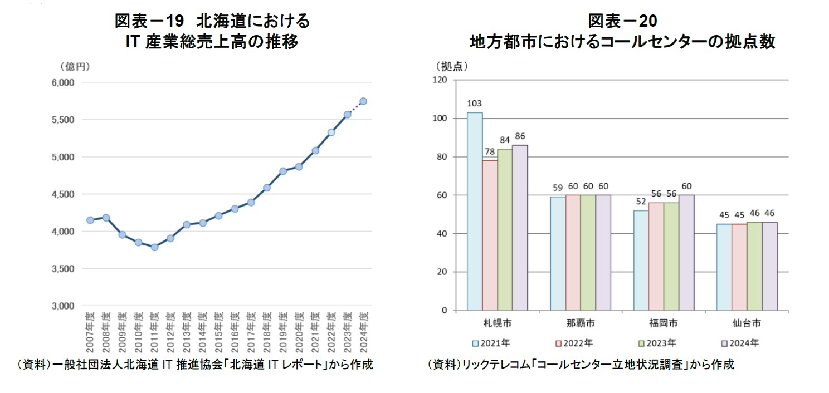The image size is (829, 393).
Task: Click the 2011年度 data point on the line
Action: click(154, 247)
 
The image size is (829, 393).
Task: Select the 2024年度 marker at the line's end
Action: click(363, 101)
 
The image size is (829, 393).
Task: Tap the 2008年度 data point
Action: click(106, 218)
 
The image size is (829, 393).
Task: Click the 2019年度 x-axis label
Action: click(283, 332)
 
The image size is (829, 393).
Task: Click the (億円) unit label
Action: click(75, 67)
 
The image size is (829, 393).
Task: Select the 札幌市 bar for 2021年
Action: click(475, 212)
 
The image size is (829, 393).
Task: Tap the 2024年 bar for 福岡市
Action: click(686, 253)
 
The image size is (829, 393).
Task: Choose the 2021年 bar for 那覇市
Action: click(558, 254)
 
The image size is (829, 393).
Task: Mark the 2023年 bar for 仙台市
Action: click(754, 266)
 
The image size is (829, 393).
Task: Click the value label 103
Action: click(475, 104)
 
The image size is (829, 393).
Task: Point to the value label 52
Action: click(641, 202)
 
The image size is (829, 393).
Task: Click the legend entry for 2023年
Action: click(658, 343)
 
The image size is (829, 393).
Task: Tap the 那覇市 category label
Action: click(581, 323)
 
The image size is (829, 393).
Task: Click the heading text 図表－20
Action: click(622, 22)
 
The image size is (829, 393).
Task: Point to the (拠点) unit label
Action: click(451, 66)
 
